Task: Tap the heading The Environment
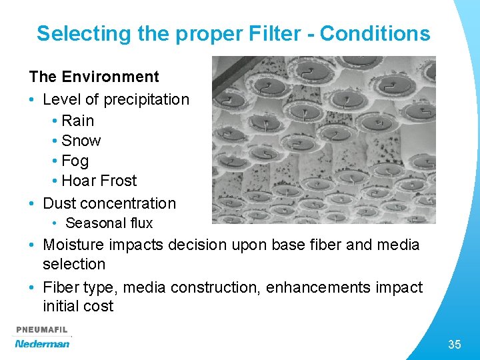pyautogui.click(x=94, y=77)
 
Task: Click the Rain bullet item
pyautogui.click(x=77, y=121)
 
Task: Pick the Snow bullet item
pyautogui.click(x=81, y=141)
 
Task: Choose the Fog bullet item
pyautogui.click(x=75, y=161)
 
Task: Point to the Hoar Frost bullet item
pyautogui.click(x=99, y=181)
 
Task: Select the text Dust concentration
pyautogui.click(x=109, y=203)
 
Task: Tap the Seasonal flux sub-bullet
pyautogui.click(x=109, y=223)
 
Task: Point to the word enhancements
pyautogui.click(x=332, y=287)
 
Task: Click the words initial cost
pyautogui.click(x=78, y=306)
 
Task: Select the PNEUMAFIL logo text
pyautogui.click(x=41, y=330)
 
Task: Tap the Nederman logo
pyautogui.click(x=42, y=344)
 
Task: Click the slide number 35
pyautogui.click(x=455, y=345)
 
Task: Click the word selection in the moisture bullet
pyautogui.click(x=74, y=264)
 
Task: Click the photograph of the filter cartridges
pyautogui.click(x=323, y=139)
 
